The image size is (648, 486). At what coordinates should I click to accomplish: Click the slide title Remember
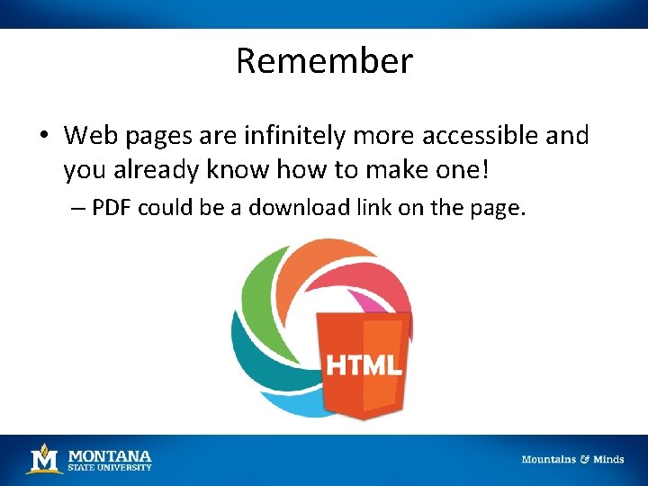324,61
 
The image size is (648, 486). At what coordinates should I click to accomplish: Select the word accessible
476,136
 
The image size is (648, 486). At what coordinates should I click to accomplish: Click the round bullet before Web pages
43,137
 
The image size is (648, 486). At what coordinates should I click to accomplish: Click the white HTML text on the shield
364,365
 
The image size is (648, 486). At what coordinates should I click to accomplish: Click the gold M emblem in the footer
44,458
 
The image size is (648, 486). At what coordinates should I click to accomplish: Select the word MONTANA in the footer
110,455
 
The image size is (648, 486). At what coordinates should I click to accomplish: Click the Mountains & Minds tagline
572,459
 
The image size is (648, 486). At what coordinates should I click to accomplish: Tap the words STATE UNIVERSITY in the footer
110,467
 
